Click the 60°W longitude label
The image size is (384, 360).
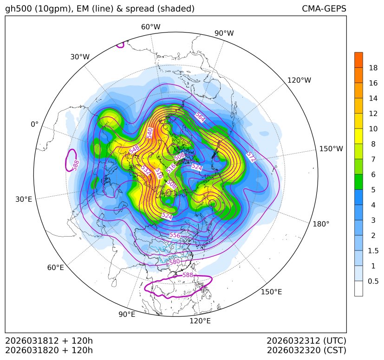[x=150, y=27]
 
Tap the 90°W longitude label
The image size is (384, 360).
[x=224, y=33]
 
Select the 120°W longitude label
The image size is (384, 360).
[x=299, y=80]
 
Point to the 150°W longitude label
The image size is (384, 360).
[x=331, y=149]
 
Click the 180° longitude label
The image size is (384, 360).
[x=321, y=224]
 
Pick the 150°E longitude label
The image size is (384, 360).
[x=271, y=292]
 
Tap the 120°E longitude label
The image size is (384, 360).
[x=200, y=321]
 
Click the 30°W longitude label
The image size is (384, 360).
[x=80, y=57]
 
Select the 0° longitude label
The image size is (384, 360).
[x=35, y=124]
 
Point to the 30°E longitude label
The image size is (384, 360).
[x=24, y=199]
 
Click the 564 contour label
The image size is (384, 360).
[x=200, y=117]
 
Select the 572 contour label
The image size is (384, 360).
[x=251, y=154]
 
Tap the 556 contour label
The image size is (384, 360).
[x=175, y=235]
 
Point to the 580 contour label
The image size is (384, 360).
[x=175, y=262]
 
